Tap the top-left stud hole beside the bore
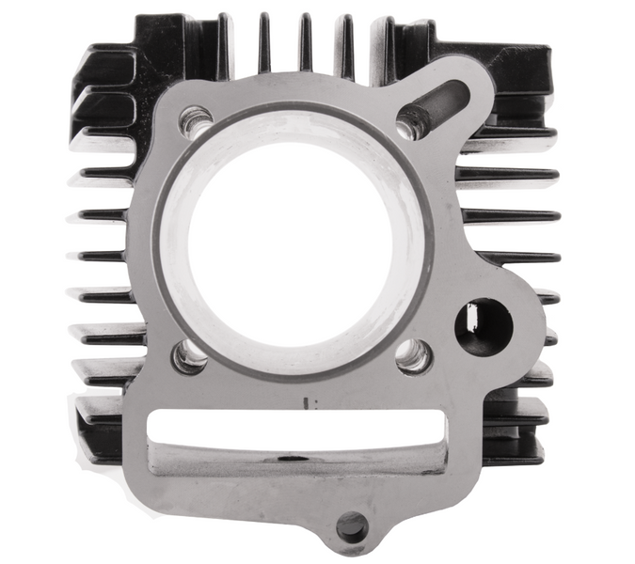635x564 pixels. [x=197, y=122]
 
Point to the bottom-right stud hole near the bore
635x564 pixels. [x=413, y=354]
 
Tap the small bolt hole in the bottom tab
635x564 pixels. [x=351, y=526]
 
